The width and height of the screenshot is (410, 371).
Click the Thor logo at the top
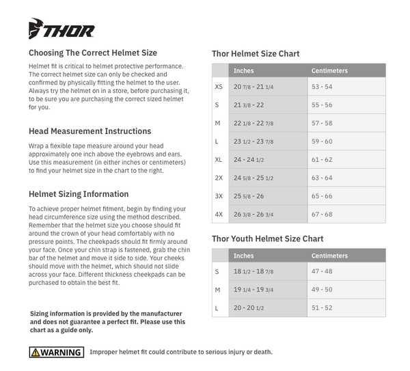[61, 30]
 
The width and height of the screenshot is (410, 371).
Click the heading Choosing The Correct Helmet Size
[93, 53]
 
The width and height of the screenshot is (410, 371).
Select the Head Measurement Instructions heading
[90, 130]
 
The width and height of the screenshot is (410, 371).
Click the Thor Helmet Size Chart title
[256, 54]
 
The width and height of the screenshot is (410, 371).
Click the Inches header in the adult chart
[244, 70]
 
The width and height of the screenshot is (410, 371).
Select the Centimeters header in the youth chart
[329, 256]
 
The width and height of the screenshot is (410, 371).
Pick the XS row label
[219, 87]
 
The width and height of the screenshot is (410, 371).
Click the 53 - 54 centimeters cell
[322, 87]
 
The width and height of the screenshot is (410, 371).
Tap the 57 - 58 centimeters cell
[322, 123]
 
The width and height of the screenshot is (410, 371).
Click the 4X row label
[219, 214]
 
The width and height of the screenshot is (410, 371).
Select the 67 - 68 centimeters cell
[322, 214]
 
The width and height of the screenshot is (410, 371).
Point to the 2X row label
[219, 178]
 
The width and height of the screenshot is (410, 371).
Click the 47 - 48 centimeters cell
[322, 272]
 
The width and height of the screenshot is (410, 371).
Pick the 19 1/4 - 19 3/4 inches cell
[254, 290]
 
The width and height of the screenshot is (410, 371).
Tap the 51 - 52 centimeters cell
[322, 308]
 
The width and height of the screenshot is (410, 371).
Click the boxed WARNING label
[56, 353]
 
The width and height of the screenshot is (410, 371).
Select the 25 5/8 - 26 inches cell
[249, 196]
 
